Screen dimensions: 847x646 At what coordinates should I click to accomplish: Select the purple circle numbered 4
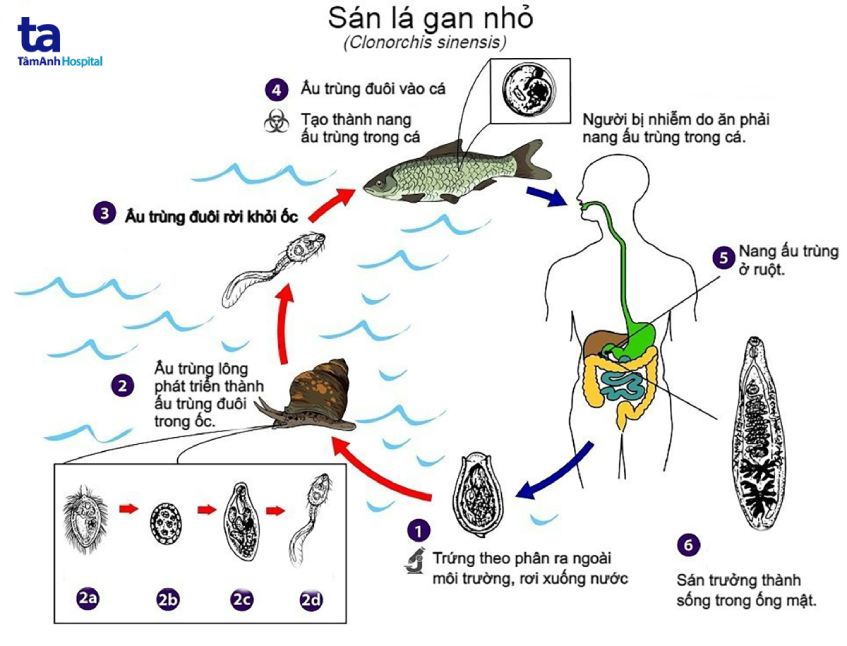point(275,88)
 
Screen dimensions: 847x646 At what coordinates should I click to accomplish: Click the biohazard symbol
point(274,122)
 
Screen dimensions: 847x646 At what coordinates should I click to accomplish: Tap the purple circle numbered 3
point(103,213)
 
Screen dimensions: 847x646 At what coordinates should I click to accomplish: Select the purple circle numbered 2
point(122,384)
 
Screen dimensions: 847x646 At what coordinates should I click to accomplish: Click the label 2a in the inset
point(89,600)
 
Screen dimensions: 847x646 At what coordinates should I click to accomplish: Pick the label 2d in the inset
point(313,600)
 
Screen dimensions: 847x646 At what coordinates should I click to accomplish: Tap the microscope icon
point(412,562)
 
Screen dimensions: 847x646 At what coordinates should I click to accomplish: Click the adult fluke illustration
point(766,430)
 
